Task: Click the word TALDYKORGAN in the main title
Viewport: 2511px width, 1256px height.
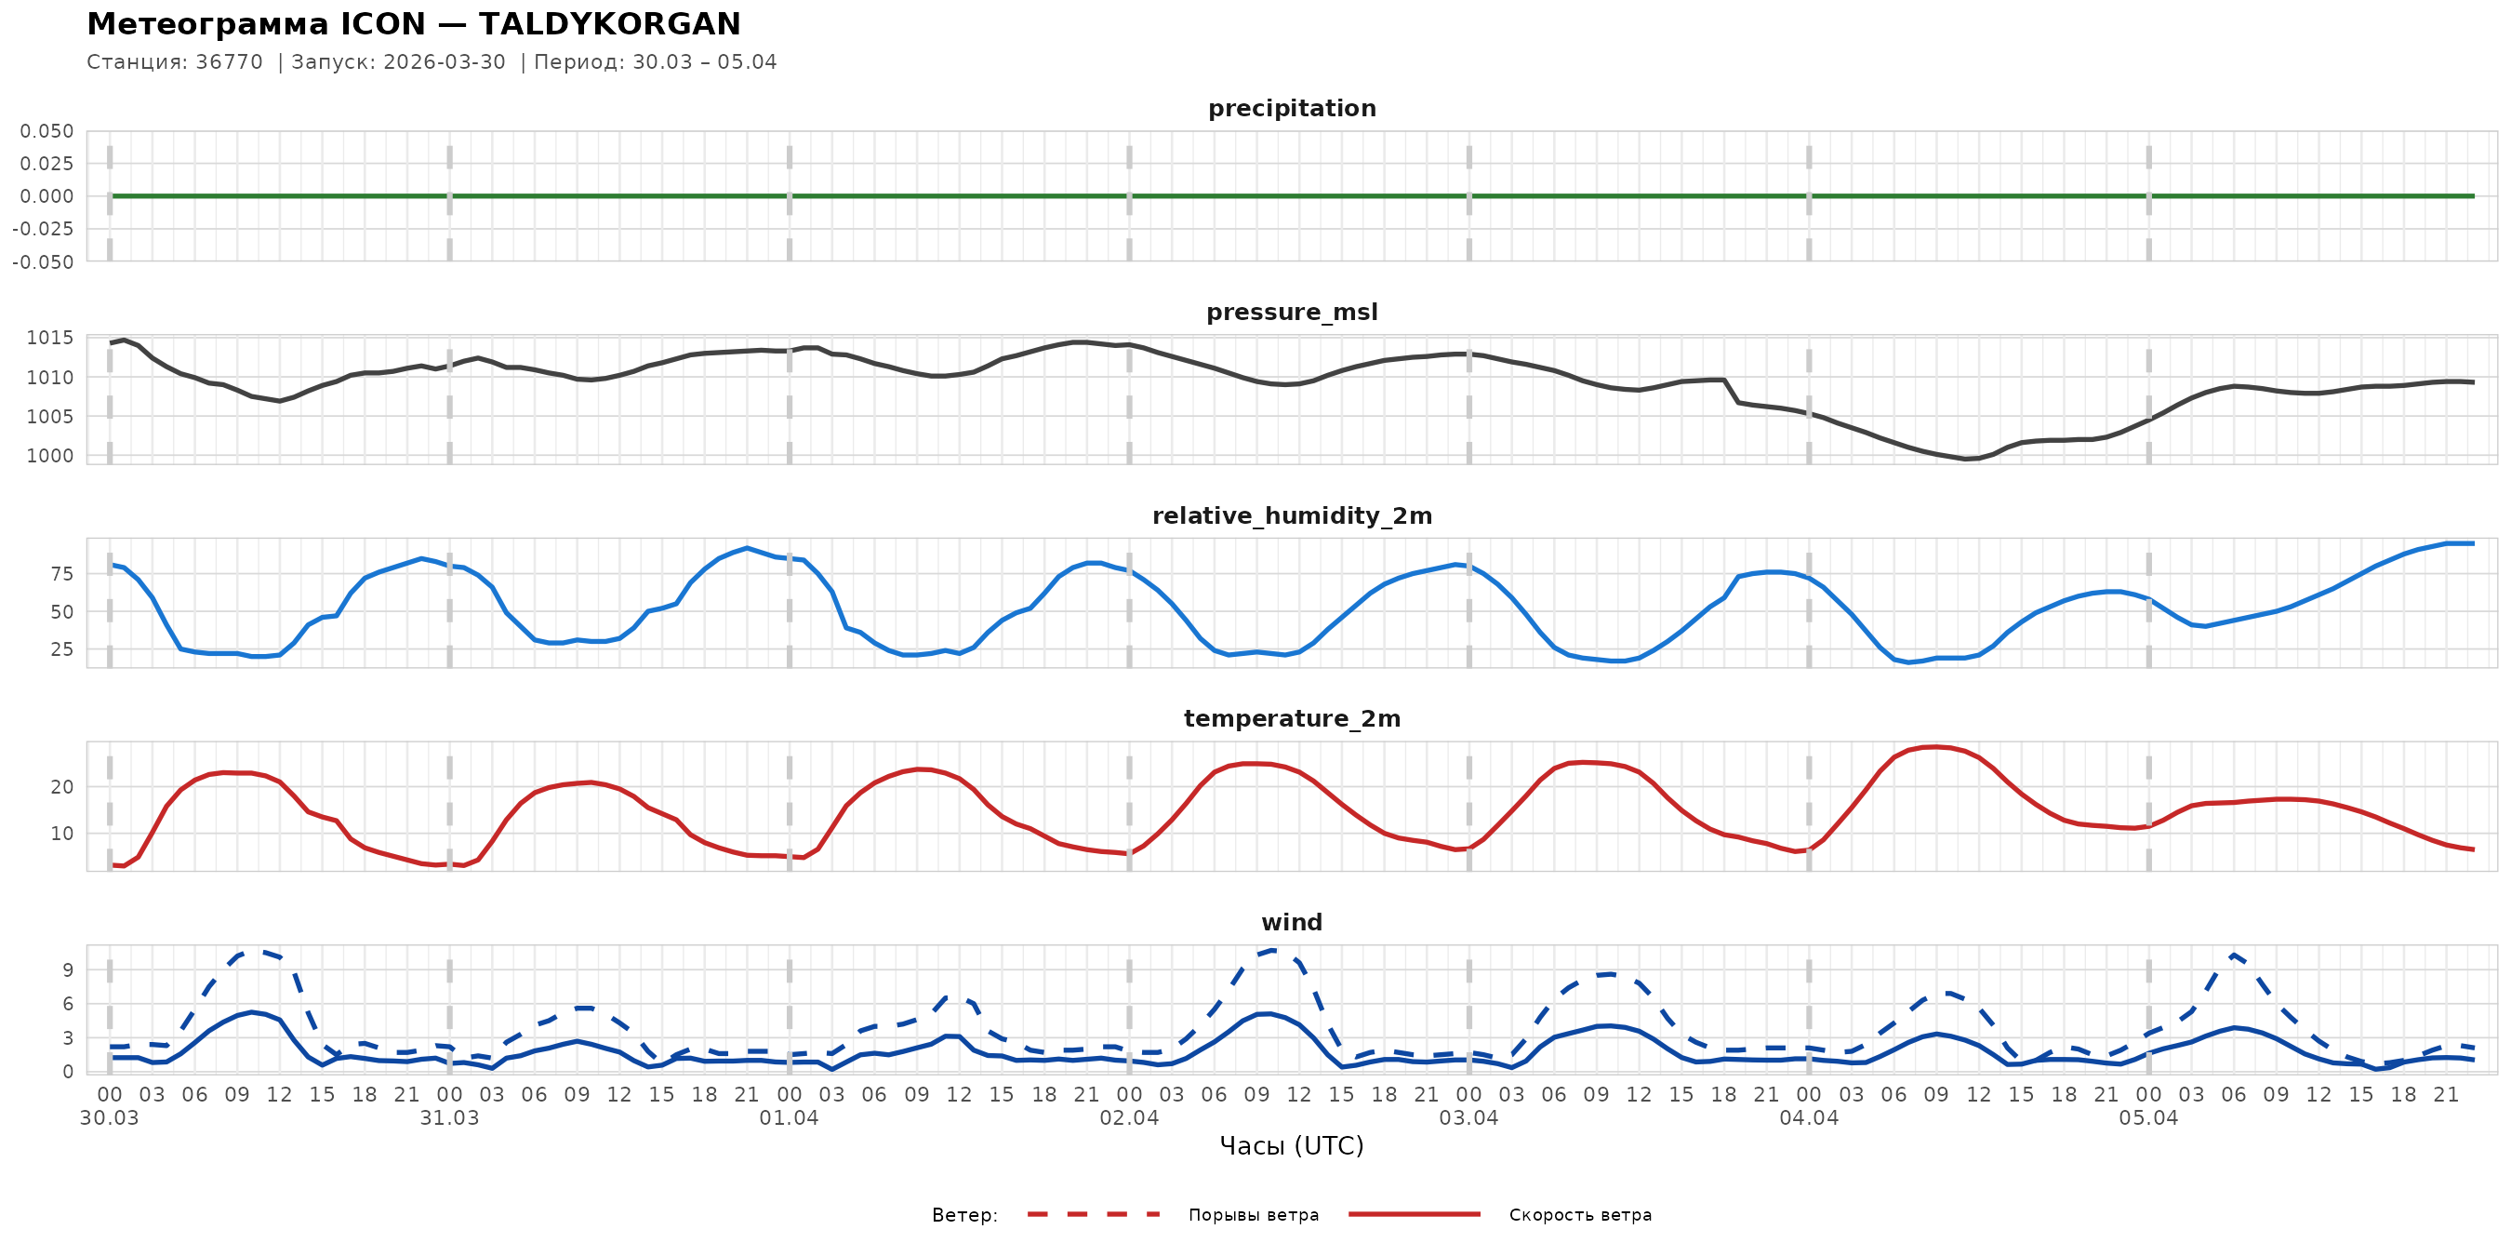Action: tap(609, 23)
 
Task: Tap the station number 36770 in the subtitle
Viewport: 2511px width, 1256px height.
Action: tap(229, 62)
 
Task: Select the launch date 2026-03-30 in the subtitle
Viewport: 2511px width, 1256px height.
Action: tap(445, 62)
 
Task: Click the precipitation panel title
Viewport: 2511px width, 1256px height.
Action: tap(1292, 108)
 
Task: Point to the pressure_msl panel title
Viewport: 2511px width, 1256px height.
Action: tap(1292, 312)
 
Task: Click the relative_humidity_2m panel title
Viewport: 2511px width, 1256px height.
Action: tap(1292, 515)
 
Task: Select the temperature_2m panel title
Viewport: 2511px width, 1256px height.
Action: tap(1292, 718)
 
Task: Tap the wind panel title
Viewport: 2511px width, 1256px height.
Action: tap(1292, 923)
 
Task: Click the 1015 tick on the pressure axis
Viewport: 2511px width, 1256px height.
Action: tap(49, 339)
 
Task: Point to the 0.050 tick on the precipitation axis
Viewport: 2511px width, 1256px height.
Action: tap(46, 130)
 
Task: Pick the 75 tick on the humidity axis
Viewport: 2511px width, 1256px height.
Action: tap(61, 574)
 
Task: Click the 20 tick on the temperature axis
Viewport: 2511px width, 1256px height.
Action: tap(61, 787)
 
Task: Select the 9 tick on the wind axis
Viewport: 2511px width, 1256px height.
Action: tap(67, 969)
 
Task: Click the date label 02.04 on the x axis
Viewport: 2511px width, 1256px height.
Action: tap(1129, 1118)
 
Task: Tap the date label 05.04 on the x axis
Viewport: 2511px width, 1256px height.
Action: tap(2148, 1118)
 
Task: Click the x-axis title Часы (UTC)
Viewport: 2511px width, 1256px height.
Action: tap(1292, 1146)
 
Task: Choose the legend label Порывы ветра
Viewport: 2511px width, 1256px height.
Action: tap(1254, 1215)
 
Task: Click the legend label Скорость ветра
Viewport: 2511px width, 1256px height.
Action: tap(1580, 1215)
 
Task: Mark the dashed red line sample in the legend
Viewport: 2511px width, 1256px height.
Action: tap(1093, 1214)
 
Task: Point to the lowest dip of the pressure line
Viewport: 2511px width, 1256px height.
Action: tap(1966, 459)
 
